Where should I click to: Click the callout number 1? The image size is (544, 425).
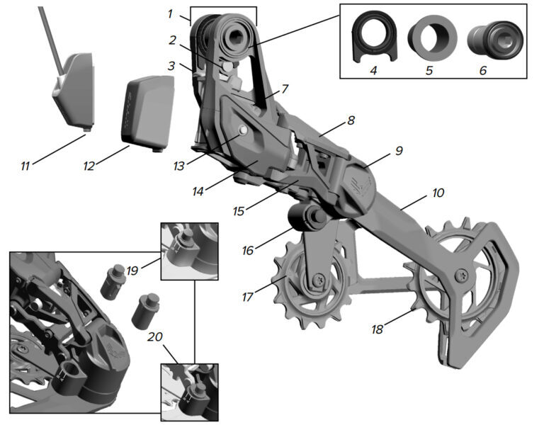[x=169, y=13]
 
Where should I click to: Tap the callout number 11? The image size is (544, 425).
[x=25, y=166]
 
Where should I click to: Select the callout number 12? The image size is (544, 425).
[x=89, y=166]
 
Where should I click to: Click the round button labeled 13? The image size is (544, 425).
[x=243, y=130]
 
